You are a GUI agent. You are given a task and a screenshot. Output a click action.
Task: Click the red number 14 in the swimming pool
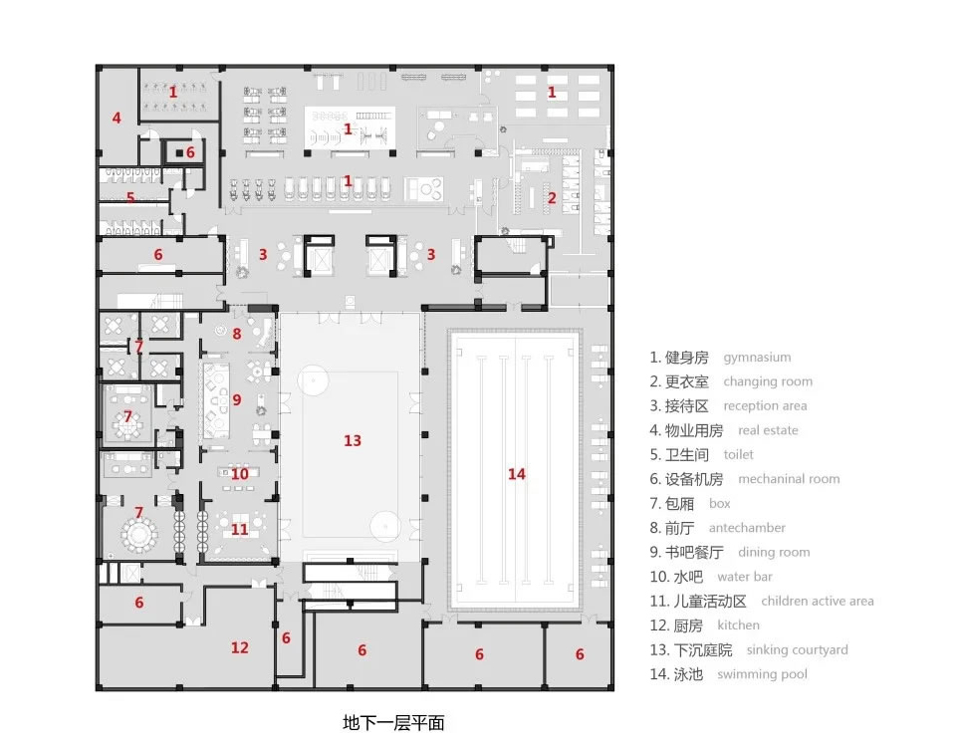517,474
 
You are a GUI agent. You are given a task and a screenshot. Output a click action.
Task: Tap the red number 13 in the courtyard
353,440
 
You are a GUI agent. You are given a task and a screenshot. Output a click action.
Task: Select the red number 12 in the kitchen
240,647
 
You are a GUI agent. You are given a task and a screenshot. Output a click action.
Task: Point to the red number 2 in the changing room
552,198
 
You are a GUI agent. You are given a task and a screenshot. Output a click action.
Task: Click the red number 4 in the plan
117,118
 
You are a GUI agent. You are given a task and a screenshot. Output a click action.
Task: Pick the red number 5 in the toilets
130,197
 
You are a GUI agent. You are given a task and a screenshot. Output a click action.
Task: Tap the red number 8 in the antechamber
237,334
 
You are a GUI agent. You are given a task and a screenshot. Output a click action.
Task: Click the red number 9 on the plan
237,400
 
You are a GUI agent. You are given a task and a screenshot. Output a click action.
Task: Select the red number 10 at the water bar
240,474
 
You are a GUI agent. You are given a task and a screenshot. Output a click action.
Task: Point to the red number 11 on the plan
239,529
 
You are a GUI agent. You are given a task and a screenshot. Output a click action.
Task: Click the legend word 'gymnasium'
757,358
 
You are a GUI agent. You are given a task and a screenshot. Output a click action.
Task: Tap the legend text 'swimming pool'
762,674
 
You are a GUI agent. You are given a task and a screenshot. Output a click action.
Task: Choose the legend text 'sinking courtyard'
797,650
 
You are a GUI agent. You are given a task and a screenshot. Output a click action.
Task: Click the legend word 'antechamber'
747,528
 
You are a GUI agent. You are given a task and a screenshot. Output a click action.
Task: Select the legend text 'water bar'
745,577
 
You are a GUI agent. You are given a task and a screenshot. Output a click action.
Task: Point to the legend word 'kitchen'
738,625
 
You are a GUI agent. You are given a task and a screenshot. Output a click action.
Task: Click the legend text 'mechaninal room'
789,479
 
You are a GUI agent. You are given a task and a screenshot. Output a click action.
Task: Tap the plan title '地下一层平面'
393,723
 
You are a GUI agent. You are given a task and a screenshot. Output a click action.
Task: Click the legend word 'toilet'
738,455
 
